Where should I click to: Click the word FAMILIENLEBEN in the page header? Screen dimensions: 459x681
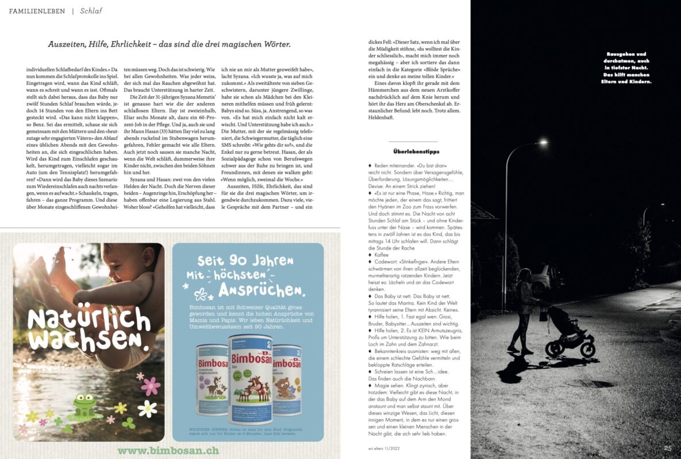37,11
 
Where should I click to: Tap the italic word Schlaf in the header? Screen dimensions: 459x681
91,11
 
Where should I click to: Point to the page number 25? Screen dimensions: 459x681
668,448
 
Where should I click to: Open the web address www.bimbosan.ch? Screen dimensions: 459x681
168,450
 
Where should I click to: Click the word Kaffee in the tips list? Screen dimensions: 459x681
383,254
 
